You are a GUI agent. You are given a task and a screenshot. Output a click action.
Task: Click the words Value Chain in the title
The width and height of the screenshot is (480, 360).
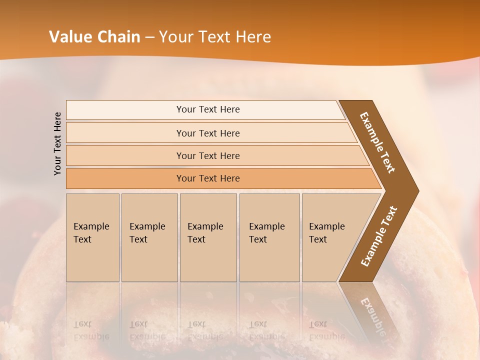point(94,37)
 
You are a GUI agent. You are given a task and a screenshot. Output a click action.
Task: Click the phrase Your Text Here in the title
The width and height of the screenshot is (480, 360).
point(215,37)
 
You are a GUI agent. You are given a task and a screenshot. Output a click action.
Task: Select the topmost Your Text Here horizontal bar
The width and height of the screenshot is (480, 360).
point(207,109)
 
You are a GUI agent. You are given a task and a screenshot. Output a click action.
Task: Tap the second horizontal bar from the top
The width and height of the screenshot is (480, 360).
point(207,133)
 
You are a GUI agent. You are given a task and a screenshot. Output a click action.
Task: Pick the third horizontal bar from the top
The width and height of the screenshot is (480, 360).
point(207,155)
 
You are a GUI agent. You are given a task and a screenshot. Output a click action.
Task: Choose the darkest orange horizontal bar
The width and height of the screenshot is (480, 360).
point(207,178)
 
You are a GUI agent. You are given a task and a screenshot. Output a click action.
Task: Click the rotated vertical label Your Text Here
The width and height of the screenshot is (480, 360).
point(57,143)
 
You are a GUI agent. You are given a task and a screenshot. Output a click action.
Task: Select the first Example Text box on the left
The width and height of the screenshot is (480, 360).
point(92,237)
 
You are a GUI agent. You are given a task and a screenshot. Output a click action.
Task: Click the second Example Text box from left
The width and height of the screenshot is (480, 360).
point(149,237)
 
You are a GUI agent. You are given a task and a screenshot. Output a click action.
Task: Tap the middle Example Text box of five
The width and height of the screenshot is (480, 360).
point(207,237)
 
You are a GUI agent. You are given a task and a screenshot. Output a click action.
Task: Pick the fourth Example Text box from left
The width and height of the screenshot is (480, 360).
point(269,237)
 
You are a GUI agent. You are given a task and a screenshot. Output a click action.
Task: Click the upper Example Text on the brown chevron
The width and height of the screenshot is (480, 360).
point(378,142)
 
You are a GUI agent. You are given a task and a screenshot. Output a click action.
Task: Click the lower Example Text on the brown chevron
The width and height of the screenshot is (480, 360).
point(379,236)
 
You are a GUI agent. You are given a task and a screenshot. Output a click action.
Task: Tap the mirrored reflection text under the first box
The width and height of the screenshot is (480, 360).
point(91,330)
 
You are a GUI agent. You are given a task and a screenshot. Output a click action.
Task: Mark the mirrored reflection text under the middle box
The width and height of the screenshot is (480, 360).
point(205,330)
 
